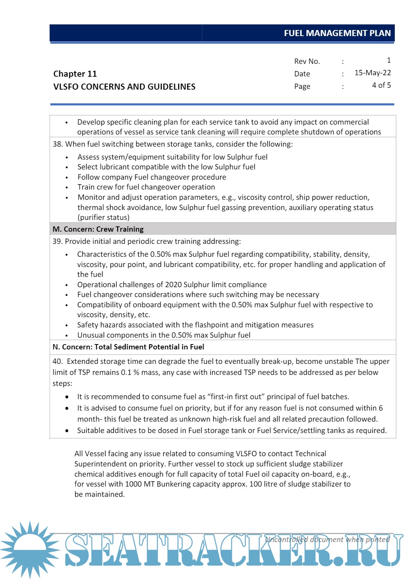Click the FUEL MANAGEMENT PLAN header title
(x=337, y=33)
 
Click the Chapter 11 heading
(x=75, y=74)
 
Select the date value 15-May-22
(x=372, y=73)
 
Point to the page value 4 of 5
(x=381, y=85)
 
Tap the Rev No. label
(x=307, y=62)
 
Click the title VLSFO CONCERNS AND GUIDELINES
(x=124, y=87)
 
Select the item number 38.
(x=57, y=144)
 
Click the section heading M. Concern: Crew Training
(x=98, y=229)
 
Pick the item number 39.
(x=57, y=242)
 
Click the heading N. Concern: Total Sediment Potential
(x=128, y=347)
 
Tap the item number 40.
(x=57, y=362)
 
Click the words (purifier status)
(x=103, y=218)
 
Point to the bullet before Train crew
(x=67, y=188)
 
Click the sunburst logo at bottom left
(x=30, y=550)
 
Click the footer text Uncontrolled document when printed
(x=327, y=540)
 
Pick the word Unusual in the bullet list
(x=90, y=335)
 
